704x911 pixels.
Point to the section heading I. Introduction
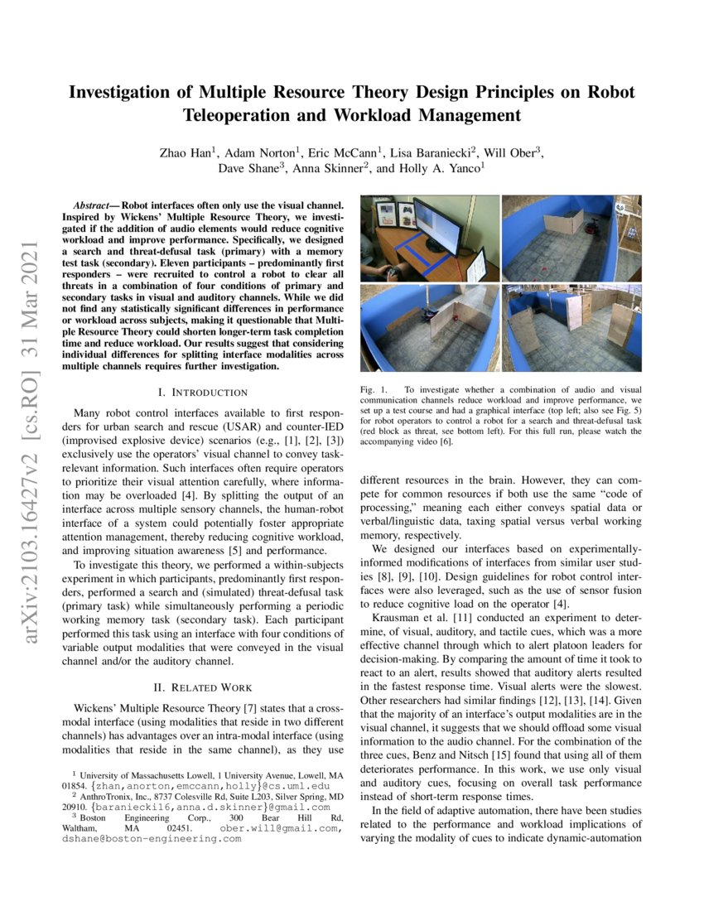point(202,392)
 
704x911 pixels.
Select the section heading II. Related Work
point(202,687)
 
